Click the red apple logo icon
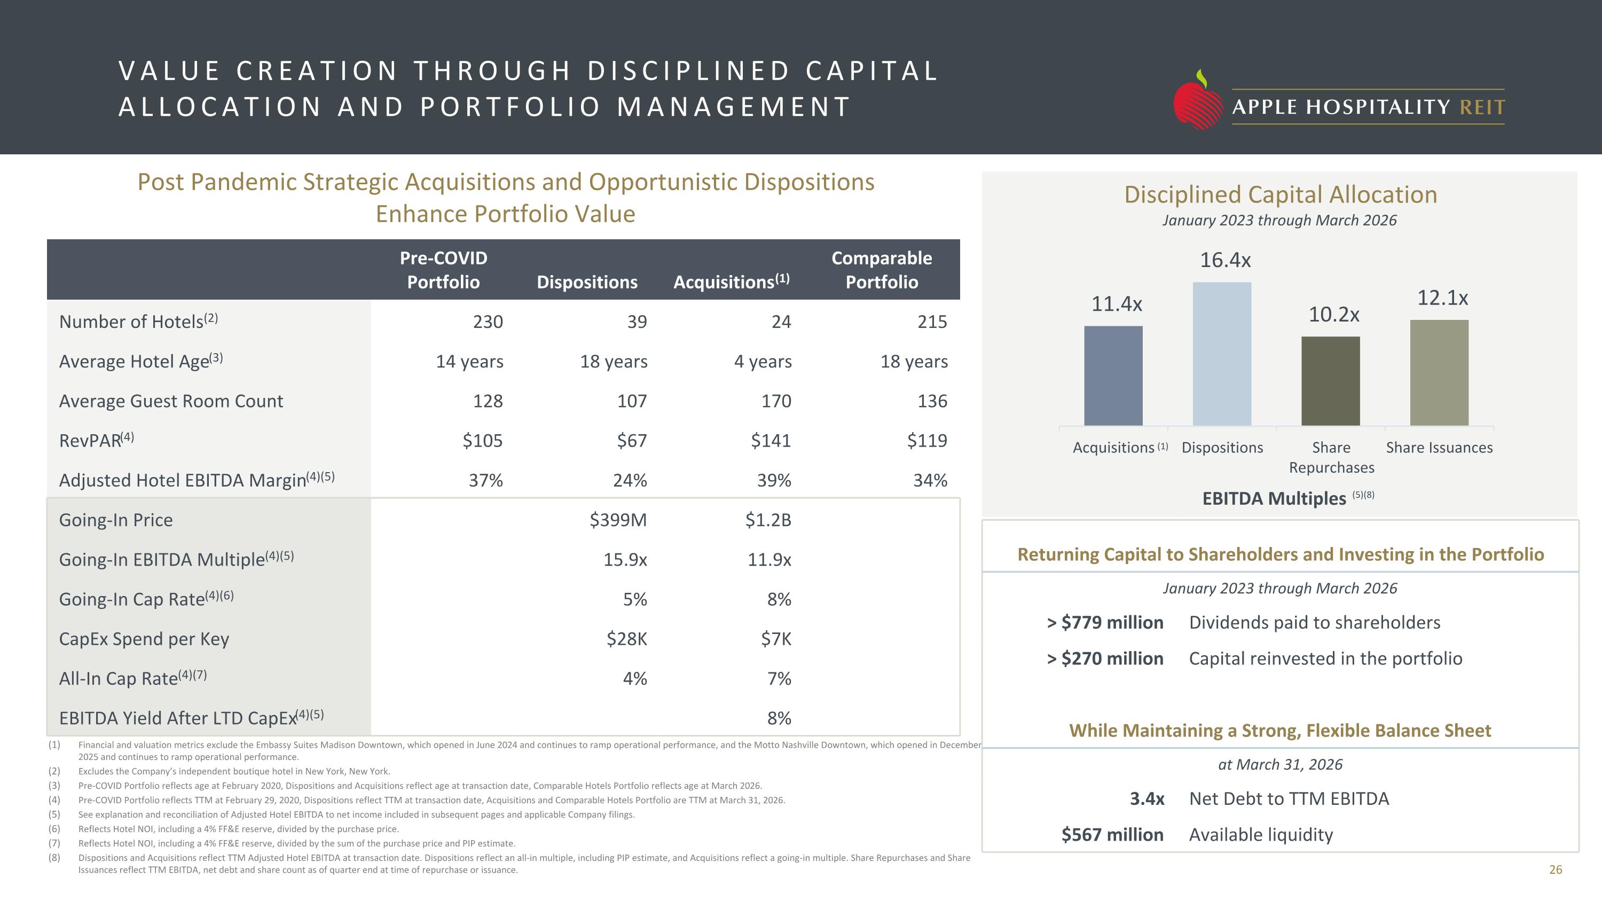tap(1197, 101)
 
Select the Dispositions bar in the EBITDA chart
tap(1222, 354)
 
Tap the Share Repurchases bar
tap(1331, 381)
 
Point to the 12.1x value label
tap(1442, 298)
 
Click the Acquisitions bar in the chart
tap(1113, 375)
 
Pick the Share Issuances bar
tap(1439, 372)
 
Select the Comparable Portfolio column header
tap(882, 270)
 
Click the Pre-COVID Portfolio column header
tap(443, 270)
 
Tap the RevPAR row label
tap(97, 440)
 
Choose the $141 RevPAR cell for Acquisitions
tap(771, 440)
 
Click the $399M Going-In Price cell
tap(618, 519)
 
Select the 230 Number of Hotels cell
tap(488, 322)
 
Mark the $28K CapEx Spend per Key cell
tap(627, 639)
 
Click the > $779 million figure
tap(1104, 622)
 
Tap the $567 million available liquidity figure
tap(1112, 834)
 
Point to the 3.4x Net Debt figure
tap(1147, 798)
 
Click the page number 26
tap(1556, 870)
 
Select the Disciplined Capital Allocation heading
tap(1281, 194)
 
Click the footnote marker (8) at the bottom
tap(54, 858)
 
